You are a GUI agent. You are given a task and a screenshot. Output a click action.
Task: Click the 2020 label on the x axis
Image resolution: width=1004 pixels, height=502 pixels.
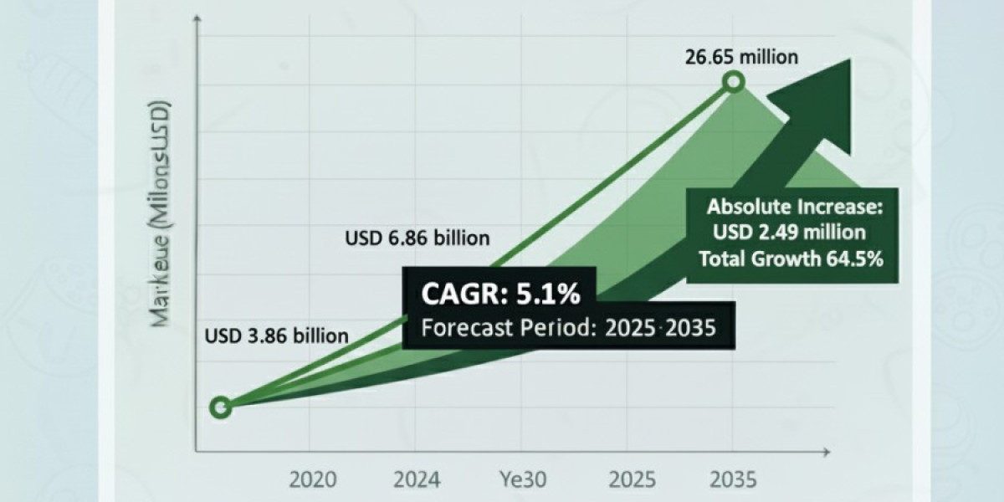click(x=313, y=480)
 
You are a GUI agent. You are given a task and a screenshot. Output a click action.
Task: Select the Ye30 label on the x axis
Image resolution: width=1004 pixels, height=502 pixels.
click(x=523, y=480)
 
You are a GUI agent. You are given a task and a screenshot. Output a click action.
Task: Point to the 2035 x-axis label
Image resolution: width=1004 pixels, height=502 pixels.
click(x=733, y=480)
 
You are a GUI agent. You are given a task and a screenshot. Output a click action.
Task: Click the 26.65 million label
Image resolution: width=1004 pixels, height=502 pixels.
click(x=743, y=57)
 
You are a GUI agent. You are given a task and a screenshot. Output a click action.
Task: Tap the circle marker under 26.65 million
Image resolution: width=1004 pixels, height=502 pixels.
click(x=734, y=82)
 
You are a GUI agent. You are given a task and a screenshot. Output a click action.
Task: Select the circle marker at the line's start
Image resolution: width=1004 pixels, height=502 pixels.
click(x=220, y=407)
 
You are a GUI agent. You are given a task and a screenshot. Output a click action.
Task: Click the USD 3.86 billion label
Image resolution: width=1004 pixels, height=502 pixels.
click(x=277, y=336)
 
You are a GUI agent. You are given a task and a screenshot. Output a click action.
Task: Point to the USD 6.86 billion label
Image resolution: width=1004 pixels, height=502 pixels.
click(x=417, y=238)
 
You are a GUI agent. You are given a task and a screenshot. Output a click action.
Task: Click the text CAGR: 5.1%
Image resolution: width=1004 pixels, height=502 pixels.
click(x=500, y=295)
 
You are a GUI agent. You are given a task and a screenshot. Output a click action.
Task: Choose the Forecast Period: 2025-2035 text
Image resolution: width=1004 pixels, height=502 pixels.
click(x=568, y=327)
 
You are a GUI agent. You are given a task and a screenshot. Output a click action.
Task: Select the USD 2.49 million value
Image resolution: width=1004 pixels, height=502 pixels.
click(x=786, y=232)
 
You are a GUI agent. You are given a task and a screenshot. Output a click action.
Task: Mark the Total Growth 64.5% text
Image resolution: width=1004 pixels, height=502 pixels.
click(x=791, y=259)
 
